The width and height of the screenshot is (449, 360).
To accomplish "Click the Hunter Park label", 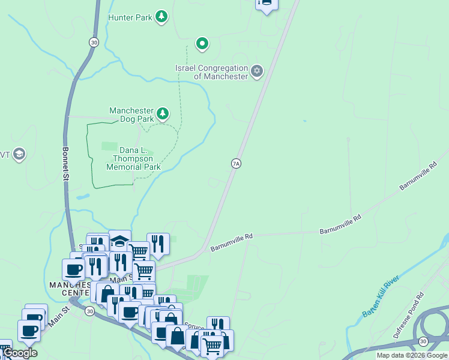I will pyautogui.click(x=130, y=17).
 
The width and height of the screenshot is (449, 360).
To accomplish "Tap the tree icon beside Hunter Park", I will pyautogui.click(x=161, y=17).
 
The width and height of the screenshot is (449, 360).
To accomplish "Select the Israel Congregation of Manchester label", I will pyautogui.click(x=212, y=73).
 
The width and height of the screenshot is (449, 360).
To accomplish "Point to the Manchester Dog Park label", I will pyautogui.click(x=131, y=115).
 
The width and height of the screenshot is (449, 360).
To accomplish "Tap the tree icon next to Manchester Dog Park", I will pyautogui.click(x=162, y=113).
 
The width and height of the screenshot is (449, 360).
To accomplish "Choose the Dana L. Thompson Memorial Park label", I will pyautogui.click(x=134, y=158).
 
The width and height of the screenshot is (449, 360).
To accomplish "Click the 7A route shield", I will pyautogui.click(x=236, y=163).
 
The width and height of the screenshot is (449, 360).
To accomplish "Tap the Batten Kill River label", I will pyautogui.click(x=378, y=298).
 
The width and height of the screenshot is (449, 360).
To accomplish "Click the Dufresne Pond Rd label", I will pyautogui.click(x=409, y=315).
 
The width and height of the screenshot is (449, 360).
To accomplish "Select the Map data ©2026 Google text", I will pyautogui.click(x=412, y=355).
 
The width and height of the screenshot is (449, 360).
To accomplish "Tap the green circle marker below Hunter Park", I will pyautogui.click(x=203, y=43).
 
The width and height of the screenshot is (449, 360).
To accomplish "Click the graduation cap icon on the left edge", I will pyautogui.click(x=19, y=155).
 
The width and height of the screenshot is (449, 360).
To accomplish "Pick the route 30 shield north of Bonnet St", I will pyautogui.click(x=93, y=41).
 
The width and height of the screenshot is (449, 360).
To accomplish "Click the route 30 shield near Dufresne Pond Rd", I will pyautogui.click(x=423, y=341).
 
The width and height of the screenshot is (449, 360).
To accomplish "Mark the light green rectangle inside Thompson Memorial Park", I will pyautogui.click(x=109, y=146).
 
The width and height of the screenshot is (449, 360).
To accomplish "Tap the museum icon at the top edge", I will pyautogui.click(x=266, y=4).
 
